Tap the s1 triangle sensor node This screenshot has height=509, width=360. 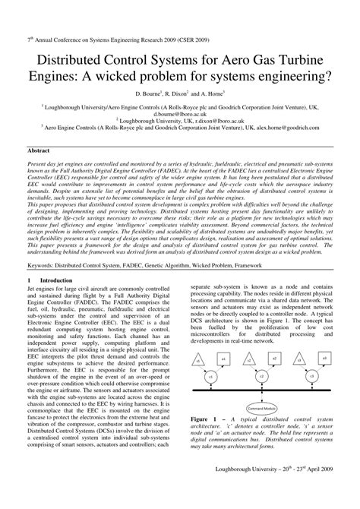201,358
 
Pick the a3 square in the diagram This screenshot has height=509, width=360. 324,357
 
